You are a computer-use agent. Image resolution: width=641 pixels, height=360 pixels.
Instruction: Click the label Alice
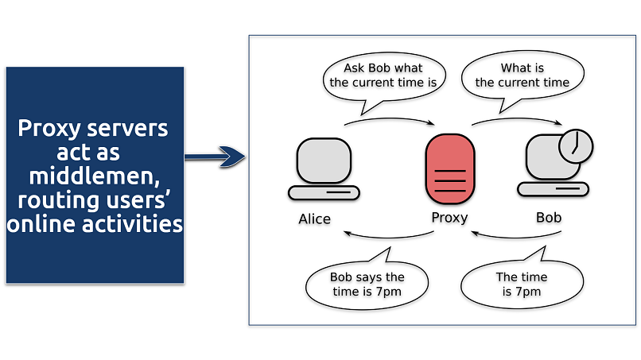[314, 218]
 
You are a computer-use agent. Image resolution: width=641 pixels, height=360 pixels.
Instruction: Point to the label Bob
[548, 216]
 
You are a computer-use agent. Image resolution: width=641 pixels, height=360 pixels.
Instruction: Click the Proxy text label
[449, 217]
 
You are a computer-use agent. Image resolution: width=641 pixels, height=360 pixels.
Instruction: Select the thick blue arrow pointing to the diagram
[215, 157]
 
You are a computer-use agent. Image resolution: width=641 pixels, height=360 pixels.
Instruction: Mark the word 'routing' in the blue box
[53, 199]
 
